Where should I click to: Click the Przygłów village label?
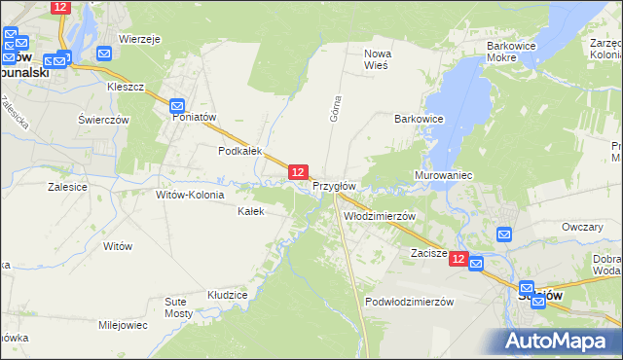click(x=334, y=186)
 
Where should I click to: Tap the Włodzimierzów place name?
click(x=380, y=216)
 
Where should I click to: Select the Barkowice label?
click(x=419, y=119)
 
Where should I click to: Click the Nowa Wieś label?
click(x=376, y=59)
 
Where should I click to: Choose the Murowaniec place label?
click(x=443, y=175)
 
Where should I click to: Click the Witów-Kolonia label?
click(x=190, y=195)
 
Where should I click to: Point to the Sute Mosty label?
click(x=178, y=309)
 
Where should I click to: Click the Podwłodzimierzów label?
click(x=410, y=302)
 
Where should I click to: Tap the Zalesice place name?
click(x=67, y=185)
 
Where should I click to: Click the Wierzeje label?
click(x=139, y=39)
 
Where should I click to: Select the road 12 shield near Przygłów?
click(x=299, y=172)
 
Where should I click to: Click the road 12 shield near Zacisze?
click(x=459, y=260)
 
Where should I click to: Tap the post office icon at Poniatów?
click(x=177, y=106)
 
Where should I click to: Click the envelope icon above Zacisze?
click(x=504, y=234)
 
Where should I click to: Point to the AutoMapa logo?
click(x=559, y=341)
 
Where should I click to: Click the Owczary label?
click(x=582, y=227)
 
